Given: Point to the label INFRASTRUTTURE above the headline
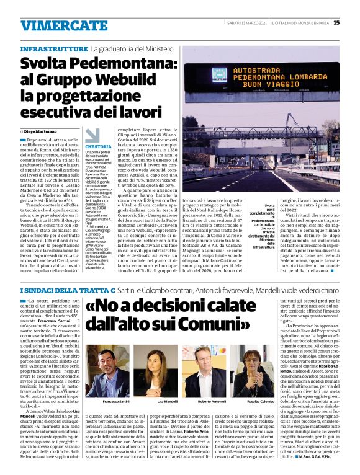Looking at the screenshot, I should pyautogui.click(x=53, y=48).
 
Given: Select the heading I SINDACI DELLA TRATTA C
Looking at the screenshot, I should pyautogui.click(x=65, y=290).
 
